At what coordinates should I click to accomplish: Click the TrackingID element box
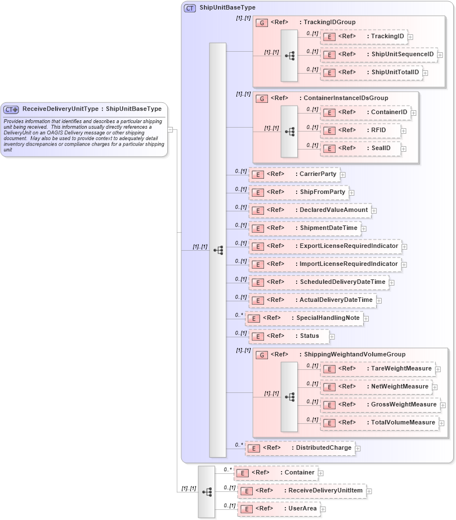pos(364,37)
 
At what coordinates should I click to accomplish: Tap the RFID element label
pos(360,130)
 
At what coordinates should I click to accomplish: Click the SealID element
pos(360,148)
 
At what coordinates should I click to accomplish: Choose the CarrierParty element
pos(294,174)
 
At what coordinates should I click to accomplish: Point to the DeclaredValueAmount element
pos(310,210)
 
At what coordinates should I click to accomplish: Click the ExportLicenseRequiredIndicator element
pos(325,246)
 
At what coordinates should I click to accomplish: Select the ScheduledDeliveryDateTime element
pos(319,282)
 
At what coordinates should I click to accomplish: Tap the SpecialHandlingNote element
pos(304,318)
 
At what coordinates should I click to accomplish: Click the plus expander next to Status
pos(332,337)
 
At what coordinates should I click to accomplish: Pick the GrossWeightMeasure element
pos(379,405)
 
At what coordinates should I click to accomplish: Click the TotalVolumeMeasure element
pos(379,423)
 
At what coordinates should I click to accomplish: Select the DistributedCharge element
pos(300,448)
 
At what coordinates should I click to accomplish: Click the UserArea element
pos(279,509)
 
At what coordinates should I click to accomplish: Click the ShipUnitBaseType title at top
pos(227,8)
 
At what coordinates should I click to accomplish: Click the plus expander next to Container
pos(321,473)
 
